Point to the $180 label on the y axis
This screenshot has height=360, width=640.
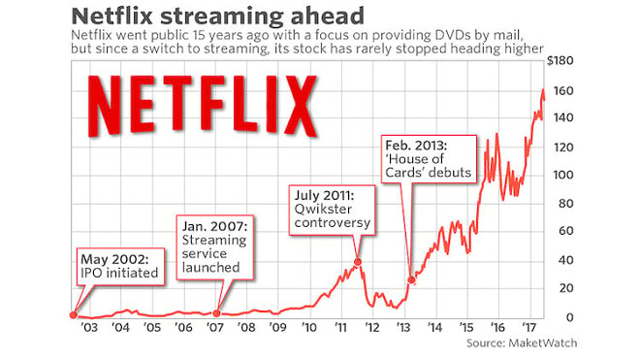(561, 61)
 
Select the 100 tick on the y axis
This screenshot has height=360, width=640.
(563, 176)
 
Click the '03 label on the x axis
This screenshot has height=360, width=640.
(87, 328)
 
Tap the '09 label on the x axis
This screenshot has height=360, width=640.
(277, 328)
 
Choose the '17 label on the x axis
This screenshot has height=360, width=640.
(530, 328)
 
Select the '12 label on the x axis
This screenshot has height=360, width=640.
(372, 328)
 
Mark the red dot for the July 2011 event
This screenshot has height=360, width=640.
(358, 262)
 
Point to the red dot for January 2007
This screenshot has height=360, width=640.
(216, 313)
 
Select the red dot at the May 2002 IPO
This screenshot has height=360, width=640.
(74, 314)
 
